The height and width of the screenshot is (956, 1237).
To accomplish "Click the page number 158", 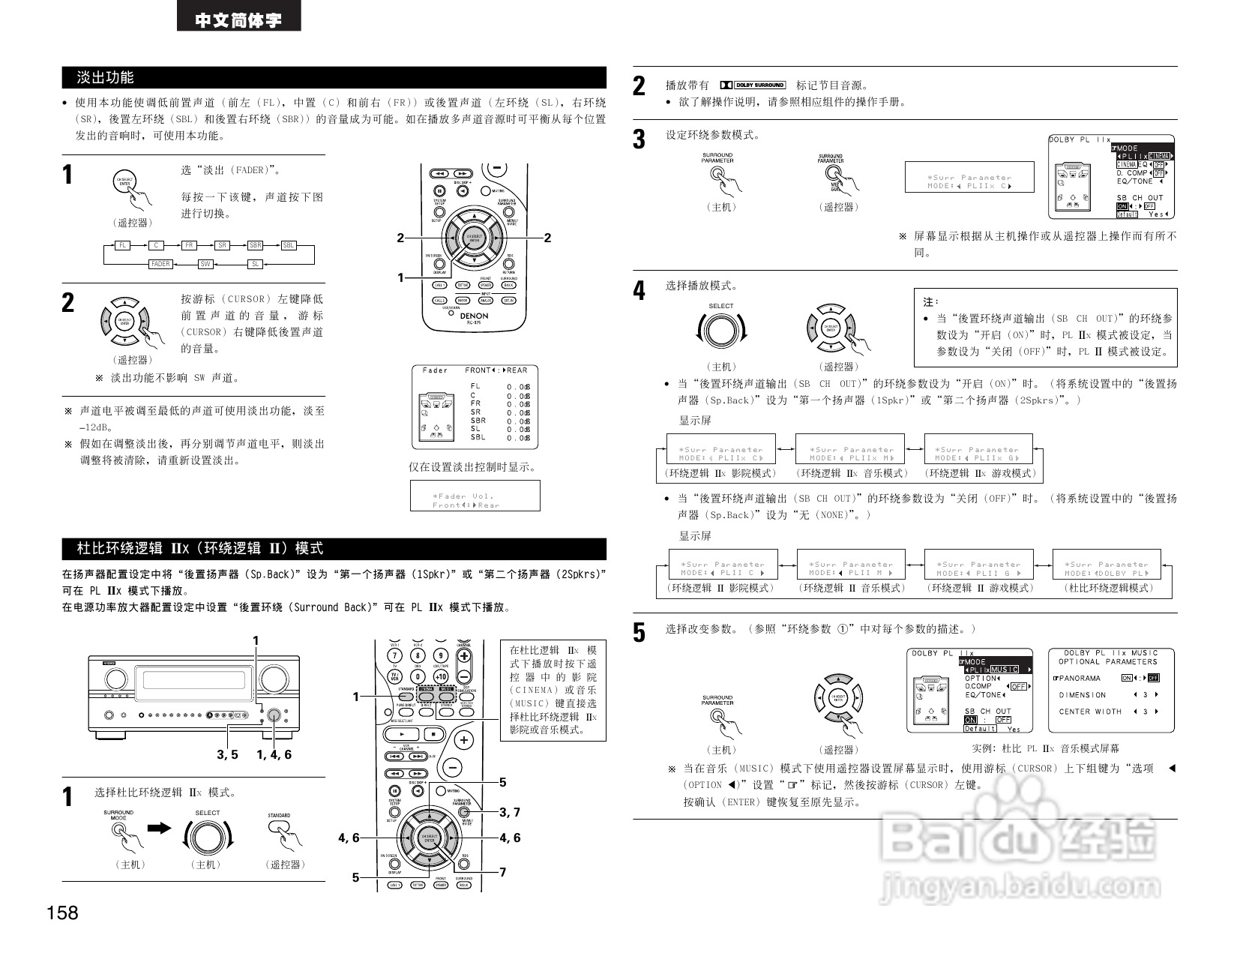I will (62, 913).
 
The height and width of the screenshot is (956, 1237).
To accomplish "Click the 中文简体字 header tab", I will (238, 19).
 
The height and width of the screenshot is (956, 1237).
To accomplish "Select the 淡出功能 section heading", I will (106, 77).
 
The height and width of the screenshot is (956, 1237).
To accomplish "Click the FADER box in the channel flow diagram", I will (160, 264).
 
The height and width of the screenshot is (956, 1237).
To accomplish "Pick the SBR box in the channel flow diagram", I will (255, 245).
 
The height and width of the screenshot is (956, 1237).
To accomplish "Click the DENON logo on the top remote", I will (473, 316).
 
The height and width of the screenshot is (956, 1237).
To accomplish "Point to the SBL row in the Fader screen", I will (478, 437).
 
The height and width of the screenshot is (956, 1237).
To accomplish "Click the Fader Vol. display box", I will (475, 496).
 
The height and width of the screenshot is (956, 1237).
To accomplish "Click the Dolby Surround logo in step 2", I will (753, 85).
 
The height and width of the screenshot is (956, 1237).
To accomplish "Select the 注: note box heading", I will (930, 301).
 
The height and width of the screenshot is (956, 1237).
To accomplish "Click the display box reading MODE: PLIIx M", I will (850, 454).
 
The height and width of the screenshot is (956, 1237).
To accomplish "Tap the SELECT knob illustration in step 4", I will (721, 330).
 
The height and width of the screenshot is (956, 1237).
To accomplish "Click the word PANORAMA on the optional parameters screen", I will (1080, 678).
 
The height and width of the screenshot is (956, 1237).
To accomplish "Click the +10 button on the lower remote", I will (441, 676).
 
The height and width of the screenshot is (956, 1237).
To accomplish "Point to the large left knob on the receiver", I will (116, 679).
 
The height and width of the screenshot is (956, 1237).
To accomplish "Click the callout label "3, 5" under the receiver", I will (227, 755).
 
